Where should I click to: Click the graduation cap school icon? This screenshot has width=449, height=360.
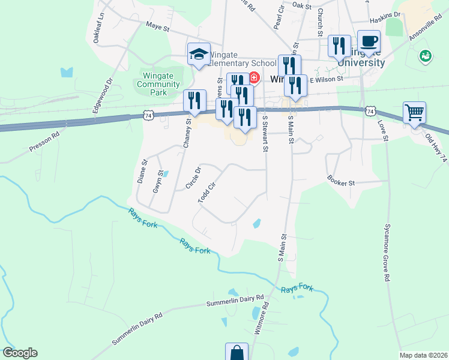tap(199, 54)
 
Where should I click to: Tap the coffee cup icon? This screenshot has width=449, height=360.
tap(369, 41)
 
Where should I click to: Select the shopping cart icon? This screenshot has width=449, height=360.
tap(414, 112)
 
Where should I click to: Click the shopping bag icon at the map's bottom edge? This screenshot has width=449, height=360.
tap(237, 352)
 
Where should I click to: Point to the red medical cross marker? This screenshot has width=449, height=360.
tap(254, 77)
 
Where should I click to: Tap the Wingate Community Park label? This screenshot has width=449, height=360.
tap(158, 84)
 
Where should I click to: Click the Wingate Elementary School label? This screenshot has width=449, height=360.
tap(242, 62)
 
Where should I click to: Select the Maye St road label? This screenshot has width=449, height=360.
tap(158, 27)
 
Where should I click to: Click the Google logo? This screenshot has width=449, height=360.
tap(20, 353)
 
